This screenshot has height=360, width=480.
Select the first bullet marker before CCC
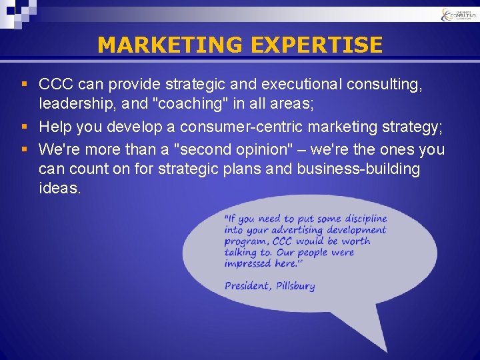tap(25, 85)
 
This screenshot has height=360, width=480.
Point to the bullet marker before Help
tap(25, 127)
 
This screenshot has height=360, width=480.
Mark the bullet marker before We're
tap(25, 148)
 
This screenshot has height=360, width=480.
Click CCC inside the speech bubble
tap(282, 241)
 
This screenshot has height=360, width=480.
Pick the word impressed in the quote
tap(247, 263)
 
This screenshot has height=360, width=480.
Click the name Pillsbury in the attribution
tap(294, 286)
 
